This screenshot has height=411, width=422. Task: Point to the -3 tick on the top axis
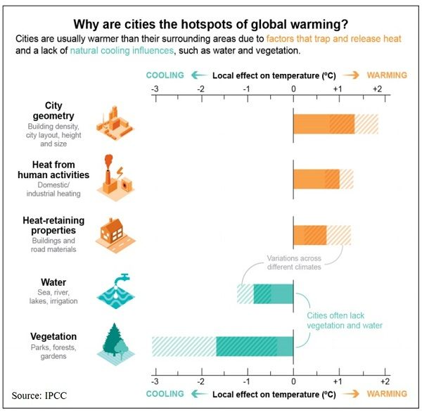[154, 89]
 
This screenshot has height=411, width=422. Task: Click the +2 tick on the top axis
[376, 89]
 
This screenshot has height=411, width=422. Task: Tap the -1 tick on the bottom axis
[246, 380]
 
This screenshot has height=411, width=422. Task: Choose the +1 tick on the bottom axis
[338, 380]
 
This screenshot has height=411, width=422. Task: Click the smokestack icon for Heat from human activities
[113, 175]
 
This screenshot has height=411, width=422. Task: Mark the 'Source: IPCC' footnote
[43, 395]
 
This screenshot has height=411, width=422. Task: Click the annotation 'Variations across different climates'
[294, 263]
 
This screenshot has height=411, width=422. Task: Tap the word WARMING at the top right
[387, 75]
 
